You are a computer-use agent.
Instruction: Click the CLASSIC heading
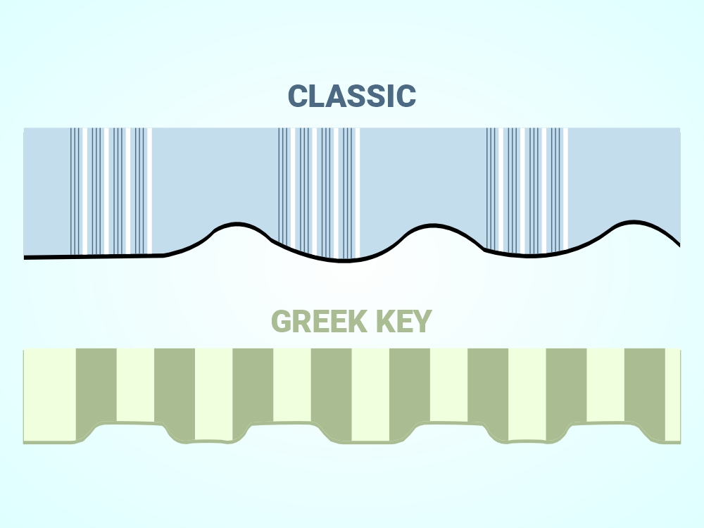coord(352,96)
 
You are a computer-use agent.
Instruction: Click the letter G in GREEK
coord(282,322)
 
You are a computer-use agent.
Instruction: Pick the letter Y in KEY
coord(421,322)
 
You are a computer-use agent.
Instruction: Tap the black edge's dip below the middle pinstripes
coord(344,260)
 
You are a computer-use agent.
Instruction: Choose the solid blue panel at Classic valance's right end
coord(623,176)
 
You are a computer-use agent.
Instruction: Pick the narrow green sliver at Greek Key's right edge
coord(672,394)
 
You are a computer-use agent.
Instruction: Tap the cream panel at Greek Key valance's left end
coord(49,394)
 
